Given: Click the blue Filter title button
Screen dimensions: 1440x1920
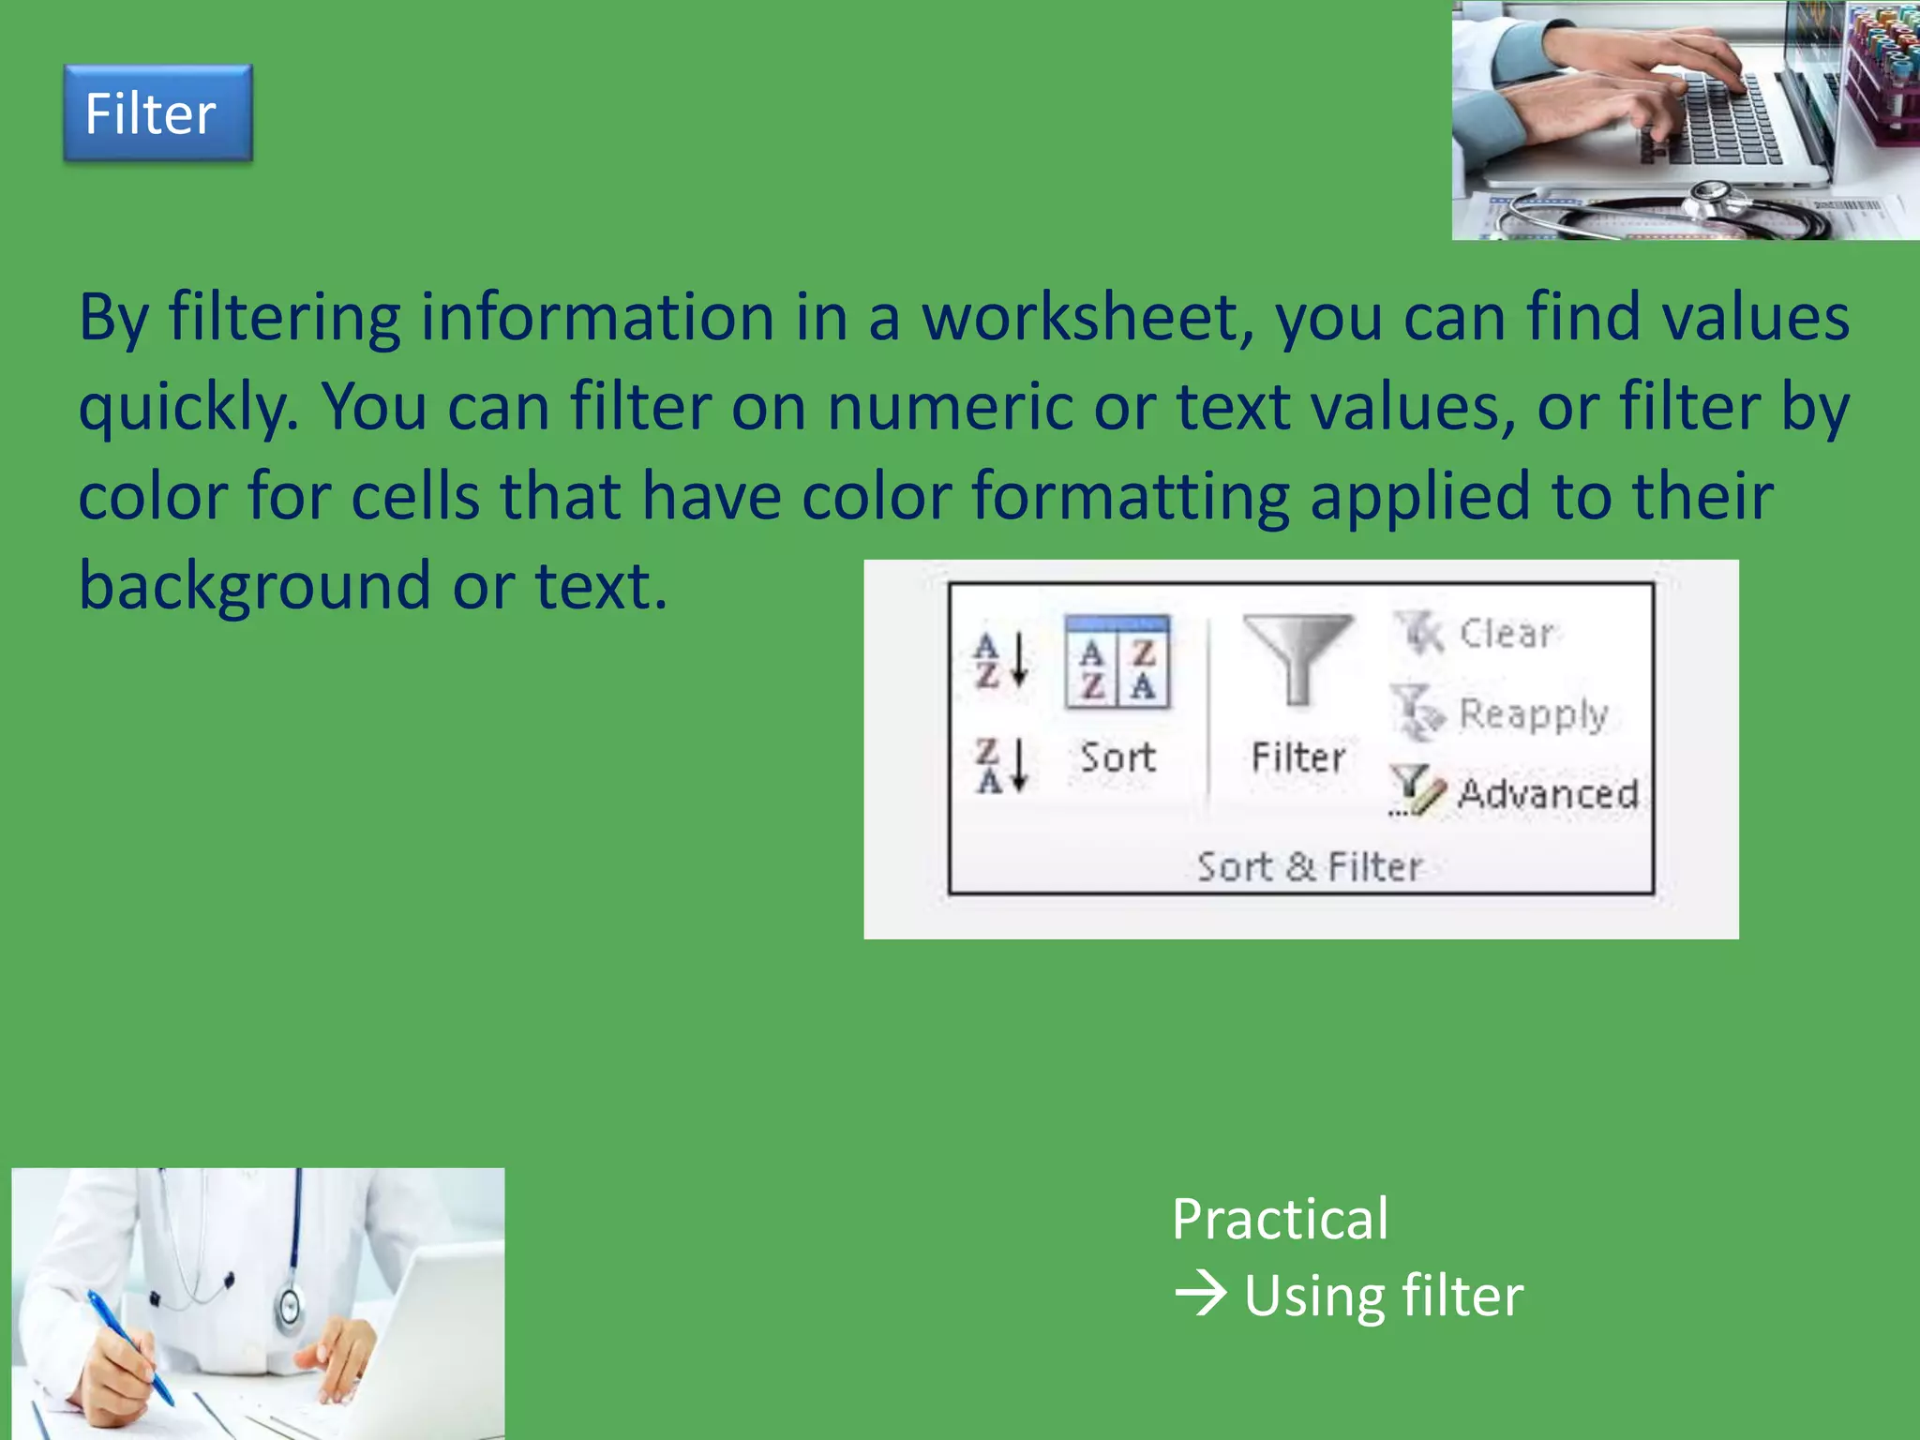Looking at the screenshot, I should pyautogui.click(x=157, y=113).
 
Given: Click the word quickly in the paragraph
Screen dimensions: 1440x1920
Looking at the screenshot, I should pyautogui.click(x=187, y=409).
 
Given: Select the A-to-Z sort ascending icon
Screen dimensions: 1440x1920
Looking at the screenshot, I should pyautogui.click(x=1002, y=660).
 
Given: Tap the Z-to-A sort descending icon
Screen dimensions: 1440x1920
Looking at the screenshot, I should pyautogui.click(x=1002, y=766).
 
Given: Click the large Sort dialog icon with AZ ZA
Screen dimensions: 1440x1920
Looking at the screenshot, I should pyautogui.click(x=1117, y=663).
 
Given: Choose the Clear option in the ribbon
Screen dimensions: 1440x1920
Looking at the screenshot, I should pyautogui.click(x=1505, y=634).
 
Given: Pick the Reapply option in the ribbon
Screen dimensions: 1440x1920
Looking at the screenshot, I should pyautogui.click(x=1532, y=714).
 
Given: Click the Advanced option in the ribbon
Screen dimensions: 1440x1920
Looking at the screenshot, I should pyautogui.click(x=1547, y=794).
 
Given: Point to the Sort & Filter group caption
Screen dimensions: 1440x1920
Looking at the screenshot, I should pyautogui.click(x=1310, y=867).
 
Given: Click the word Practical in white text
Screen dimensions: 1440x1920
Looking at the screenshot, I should pyautogui.click(x=1280, y=1220).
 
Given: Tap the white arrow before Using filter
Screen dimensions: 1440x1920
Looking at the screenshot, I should pyautogui.click(x=1201, y=1295).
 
